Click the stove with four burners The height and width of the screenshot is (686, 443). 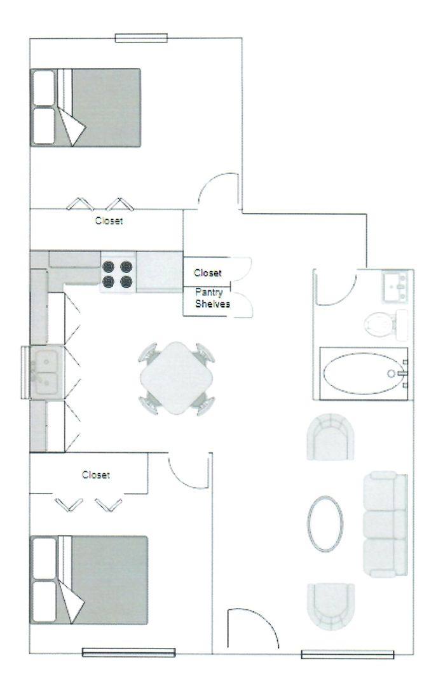click(118, 272)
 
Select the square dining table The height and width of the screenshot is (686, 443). click(177, 379)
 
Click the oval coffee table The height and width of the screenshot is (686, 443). click(325, 523)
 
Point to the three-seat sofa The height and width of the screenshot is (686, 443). click(384, 524)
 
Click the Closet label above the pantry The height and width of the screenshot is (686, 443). click(208, 273)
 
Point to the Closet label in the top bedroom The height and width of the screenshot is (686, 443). click(109, 221)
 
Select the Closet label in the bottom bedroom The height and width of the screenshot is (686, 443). click(95, 474)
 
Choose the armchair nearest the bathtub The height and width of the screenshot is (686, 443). click(330, 436)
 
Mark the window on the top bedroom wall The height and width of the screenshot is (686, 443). click(141, 37)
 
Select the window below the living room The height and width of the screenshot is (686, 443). click(347, 654)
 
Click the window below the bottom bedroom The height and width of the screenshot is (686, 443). click(128, 652)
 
